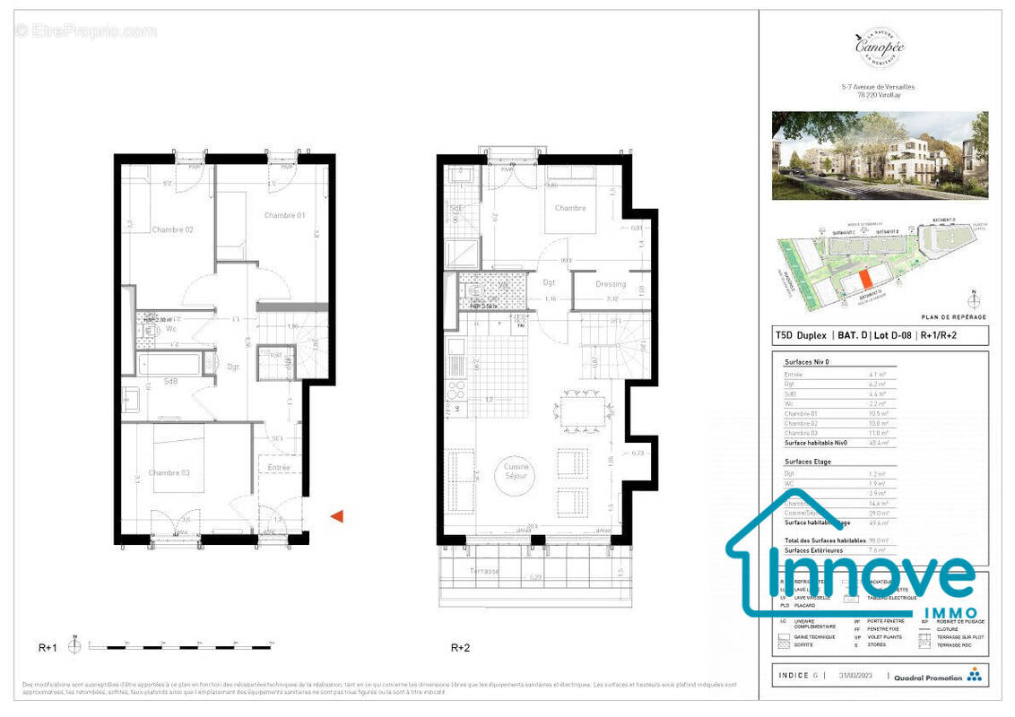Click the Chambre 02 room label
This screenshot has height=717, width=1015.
tap(172, 230)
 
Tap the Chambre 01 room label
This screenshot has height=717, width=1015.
tap(285, 215)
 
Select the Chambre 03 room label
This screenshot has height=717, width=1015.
tap(170, 473)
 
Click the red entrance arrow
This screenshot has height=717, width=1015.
tap(337, 515)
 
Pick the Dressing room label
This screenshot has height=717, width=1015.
tap(611, 285)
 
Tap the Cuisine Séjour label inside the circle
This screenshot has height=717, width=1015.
tap(517, 472)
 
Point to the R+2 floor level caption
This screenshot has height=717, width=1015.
tap(461, 646)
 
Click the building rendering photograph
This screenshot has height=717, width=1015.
tap(880, 156)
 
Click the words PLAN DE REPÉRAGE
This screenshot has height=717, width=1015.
tap(954, 317)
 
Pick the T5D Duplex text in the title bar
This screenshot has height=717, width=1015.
tap(802, 337)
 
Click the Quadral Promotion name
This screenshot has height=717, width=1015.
tap(928, 678)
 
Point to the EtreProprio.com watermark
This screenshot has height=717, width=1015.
tap(85, 31)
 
